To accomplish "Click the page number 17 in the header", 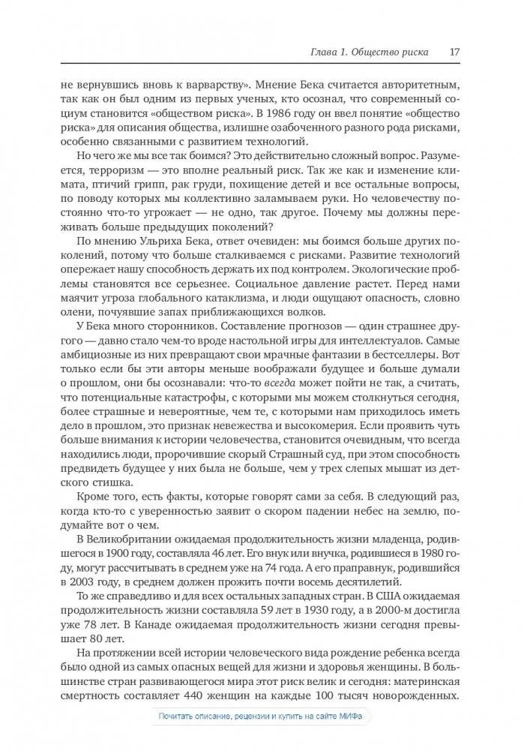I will [455, 53].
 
